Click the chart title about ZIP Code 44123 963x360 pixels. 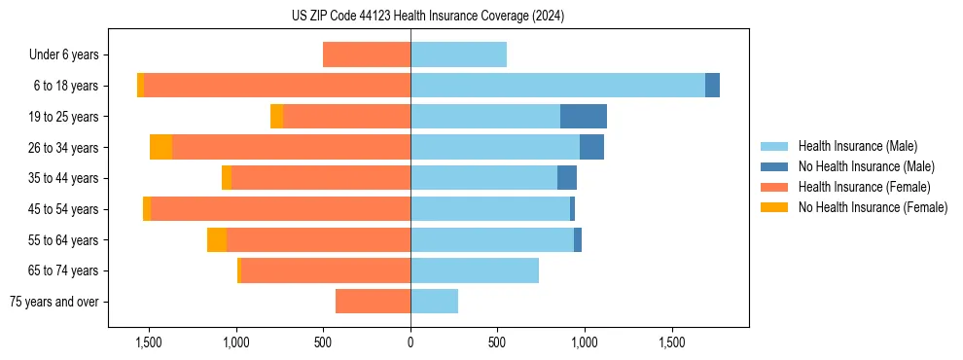pyautogui.click(x=427, y=17)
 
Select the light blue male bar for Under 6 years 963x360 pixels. pyautogui.click(x=458, y=54)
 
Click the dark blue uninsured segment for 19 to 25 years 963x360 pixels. pyautogui.click(x=584, y=117)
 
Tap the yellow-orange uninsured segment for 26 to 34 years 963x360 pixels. pyautogui.click(x=160, y=147)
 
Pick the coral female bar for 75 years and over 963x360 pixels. pyautogui.click(x=373, y=302)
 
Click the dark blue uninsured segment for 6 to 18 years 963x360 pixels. pyautogui.click(x=712, y=86)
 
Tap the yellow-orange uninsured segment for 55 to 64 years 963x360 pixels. pyautogui.click(x=217, y=239)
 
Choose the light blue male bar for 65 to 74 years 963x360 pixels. pyautogui.click(x=475, y=270)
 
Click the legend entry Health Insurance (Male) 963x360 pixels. pyautogui.click(x=857, y=146)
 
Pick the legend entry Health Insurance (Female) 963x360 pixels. pyautogui.click(x=864, y=187)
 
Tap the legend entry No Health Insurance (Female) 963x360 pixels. pyautogui.click(x=872, y=207)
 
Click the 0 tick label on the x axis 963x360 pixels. pyautogui.click(x=410, y=343)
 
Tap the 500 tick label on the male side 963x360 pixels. pyautogui.click(x=497, y=343)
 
